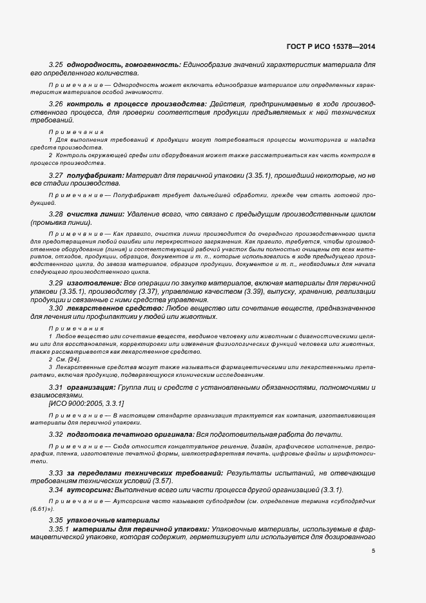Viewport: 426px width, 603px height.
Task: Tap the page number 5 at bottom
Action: tap(373, 550)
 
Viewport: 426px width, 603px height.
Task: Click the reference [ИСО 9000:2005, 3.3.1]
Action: tap(86, 403)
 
